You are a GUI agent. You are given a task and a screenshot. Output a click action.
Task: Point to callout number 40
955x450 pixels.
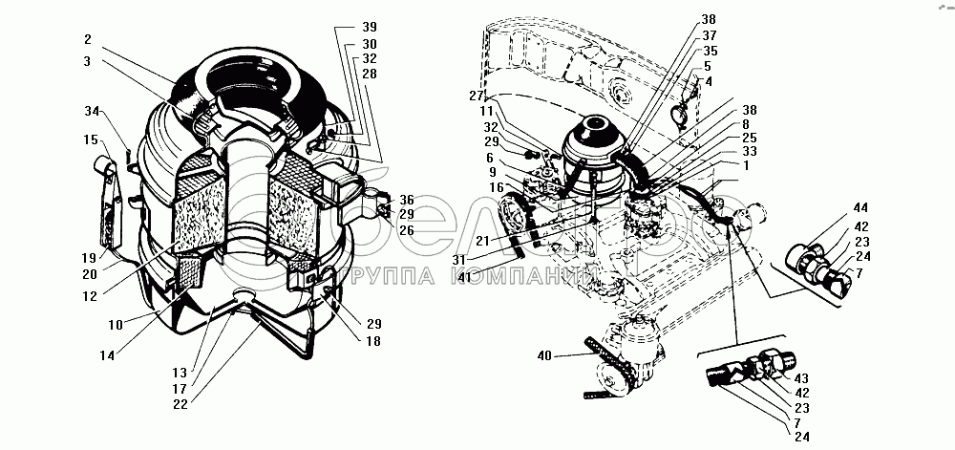543,357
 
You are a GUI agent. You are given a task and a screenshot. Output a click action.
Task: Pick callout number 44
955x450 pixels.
859,207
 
